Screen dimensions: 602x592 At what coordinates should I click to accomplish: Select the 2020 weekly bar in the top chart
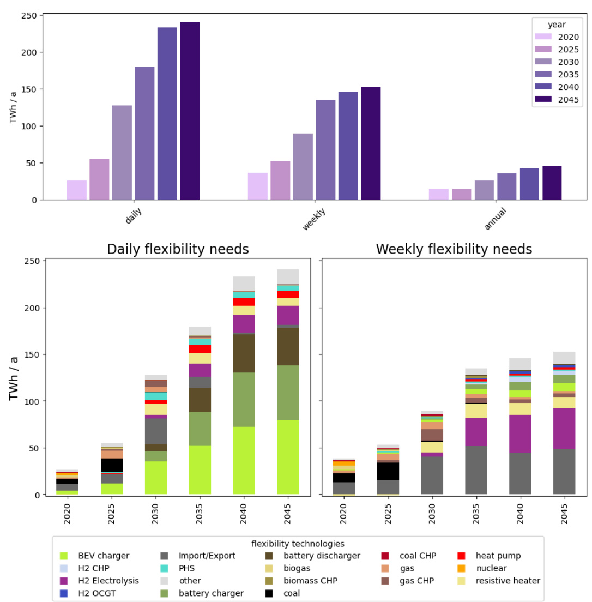[x=258, y=186]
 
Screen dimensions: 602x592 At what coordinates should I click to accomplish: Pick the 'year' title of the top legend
[x=557, y=25]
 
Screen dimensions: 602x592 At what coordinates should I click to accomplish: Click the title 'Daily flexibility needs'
[x=178, y=249]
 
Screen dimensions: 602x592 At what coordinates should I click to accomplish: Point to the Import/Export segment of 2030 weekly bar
[x=432, y=475]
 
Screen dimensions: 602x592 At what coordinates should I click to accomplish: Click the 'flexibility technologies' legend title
[x=298, y=544]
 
